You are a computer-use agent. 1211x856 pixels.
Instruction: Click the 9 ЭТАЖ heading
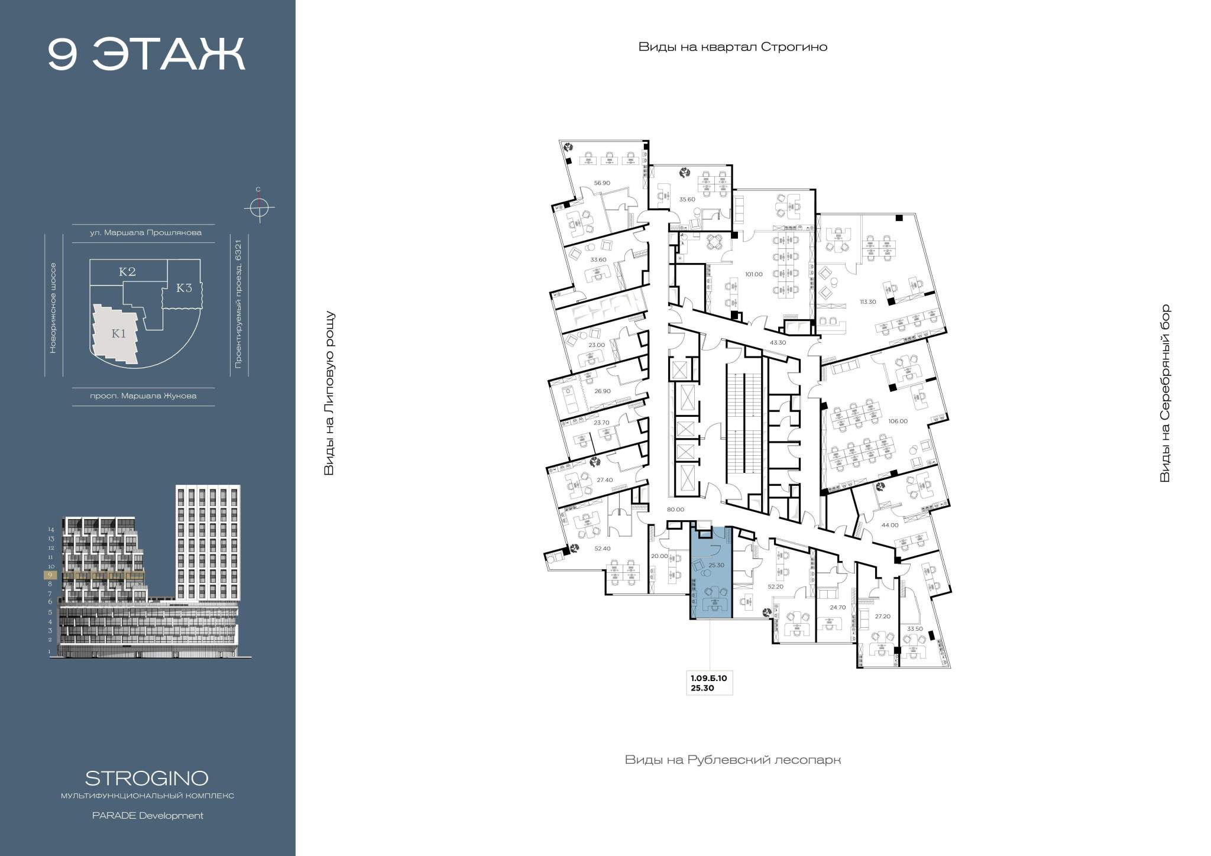[x=146, y=54]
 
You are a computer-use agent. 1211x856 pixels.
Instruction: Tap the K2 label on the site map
[x=127, y=271]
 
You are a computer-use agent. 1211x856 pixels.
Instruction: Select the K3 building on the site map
[x=184, y=288]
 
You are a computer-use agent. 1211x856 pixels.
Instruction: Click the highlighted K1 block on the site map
[x=118, y=333]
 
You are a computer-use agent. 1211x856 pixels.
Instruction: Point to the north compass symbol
[x=258, y=207]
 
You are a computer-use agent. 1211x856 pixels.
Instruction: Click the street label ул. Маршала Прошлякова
[x=145, y=232]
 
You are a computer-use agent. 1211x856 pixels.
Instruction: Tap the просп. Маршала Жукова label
[x=143, y=395]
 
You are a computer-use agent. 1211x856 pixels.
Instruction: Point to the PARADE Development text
[x=147, y=816]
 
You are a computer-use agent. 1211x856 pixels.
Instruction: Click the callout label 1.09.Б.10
[x=708, y=679]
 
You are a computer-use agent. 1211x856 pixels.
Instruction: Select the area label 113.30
[x=867, y=301]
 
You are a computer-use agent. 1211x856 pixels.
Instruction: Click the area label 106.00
[x=898, y=421]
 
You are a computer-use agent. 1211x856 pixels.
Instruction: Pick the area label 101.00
[x=753, y=274]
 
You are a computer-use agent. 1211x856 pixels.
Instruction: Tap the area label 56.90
[x=602, y=183]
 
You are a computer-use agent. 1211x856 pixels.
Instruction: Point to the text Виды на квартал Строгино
[x=733, y=47]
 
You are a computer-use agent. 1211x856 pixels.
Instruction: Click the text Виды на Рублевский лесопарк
[x=733, y=760]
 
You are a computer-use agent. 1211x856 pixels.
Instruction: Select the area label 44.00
[x=889, y=524]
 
